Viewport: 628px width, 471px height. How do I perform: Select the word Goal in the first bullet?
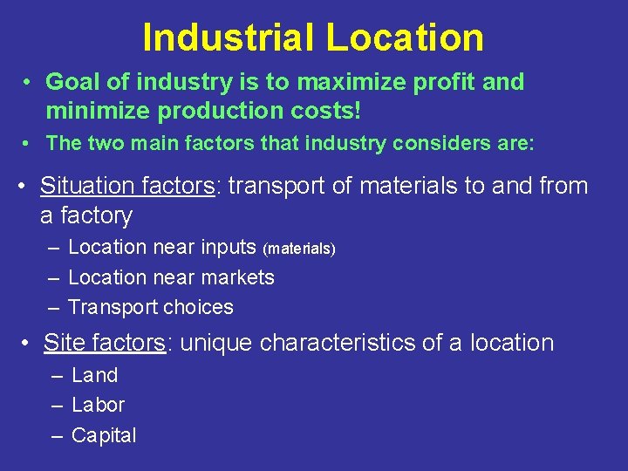pos(71,82)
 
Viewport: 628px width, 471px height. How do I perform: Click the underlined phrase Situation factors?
pos(126,186)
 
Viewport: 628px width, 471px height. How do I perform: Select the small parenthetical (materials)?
pos(299,249)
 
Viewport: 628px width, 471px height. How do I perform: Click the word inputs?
pos(229,247)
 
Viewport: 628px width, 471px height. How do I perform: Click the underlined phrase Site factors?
pos(104,343)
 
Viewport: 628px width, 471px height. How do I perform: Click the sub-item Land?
pos(94,375)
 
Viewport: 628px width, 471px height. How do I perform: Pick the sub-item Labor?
pos(98,405)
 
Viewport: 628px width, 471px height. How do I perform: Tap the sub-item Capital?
pos(104,435)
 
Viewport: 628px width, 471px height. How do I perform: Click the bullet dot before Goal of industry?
pos(28,83)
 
